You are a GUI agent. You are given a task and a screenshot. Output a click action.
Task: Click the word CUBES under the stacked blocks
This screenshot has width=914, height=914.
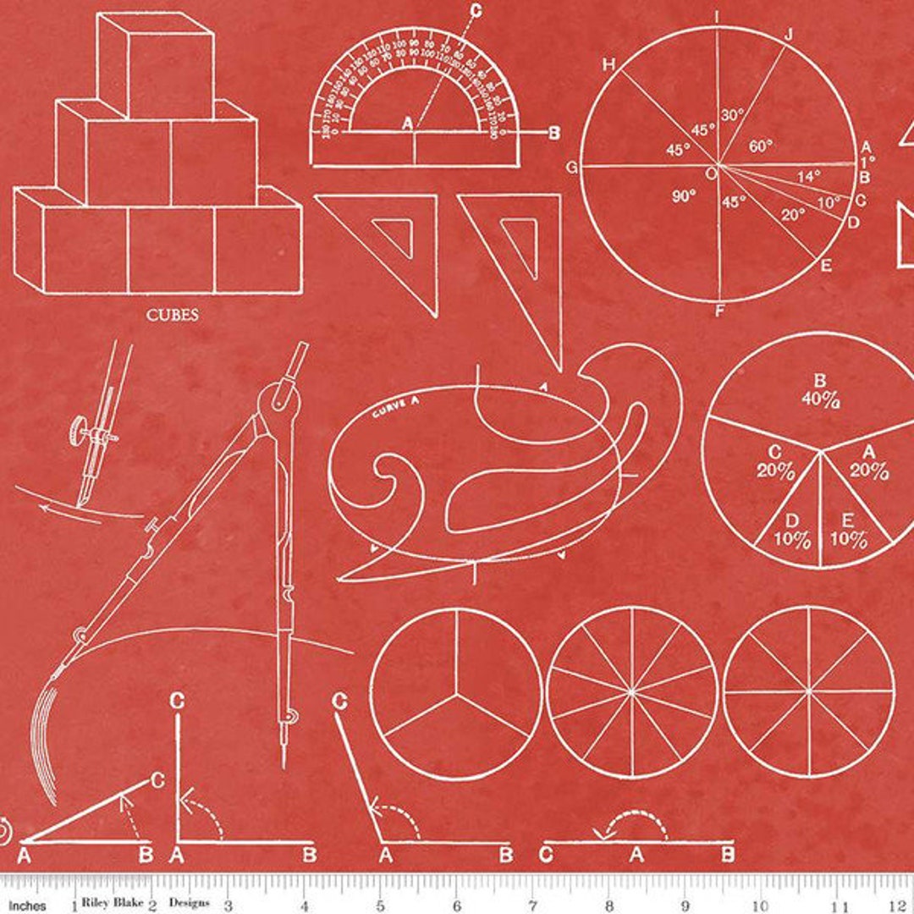tap(172, 316)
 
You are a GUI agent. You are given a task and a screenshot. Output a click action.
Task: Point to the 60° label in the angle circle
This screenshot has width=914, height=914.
tap(761, 146)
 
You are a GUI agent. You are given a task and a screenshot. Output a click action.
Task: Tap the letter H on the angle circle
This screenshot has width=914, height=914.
tap(607, 64)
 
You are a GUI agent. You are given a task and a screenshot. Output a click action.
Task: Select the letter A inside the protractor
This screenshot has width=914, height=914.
tap(407, 124)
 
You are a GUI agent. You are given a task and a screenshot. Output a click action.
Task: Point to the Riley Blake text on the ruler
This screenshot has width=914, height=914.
tap(113, 902)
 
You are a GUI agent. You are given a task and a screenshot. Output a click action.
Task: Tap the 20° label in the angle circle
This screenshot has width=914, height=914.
tap(792, 215)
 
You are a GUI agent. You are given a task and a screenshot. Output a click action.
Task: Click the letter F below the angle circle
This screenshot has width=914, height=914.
tap(720, 311)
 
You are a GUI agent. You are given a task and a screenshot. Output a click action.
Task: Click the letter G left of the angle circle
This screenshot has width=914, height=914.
tap(572, 168)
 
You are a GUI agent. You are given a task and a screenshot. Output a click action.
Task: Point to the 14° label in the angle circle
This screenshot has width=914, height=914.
tap(809, 177)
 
